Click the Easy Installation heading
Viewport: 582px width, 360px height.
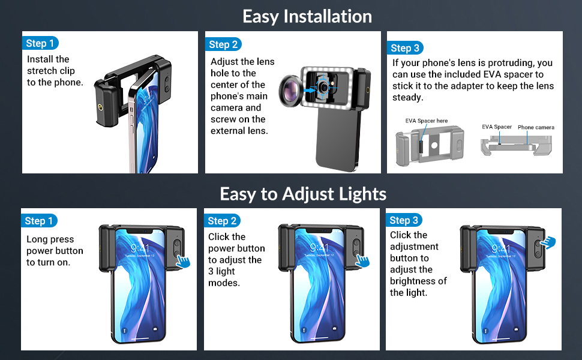point(307,17)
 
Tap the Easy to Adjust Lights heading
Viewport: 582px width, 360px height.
point(303,194)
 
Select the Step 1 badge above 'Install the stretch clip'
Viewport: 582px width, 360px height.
point(40,43)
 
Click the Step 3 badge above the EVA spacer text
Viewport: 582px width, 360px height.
point(405,48)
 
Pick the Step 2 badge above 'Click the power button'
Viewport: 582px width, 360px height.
point(222,221)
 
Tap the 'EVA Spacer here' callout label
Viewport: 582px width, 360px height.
point(427,121)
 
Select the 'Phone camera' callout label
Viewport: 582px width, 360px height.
point(536,127)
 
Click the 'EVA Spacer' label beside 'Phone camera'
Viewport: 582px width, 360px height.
point(497,127)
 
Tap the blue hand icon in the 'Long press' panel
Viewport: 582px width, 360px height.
point(183,260)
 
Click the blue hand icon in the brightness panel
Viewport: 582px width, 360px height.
point(548,243)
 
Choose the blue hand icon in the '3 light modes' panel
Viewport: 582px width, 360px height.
point(362,260)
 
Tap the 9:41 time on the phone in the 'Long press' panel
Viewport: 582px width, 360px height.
point(140,248)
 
